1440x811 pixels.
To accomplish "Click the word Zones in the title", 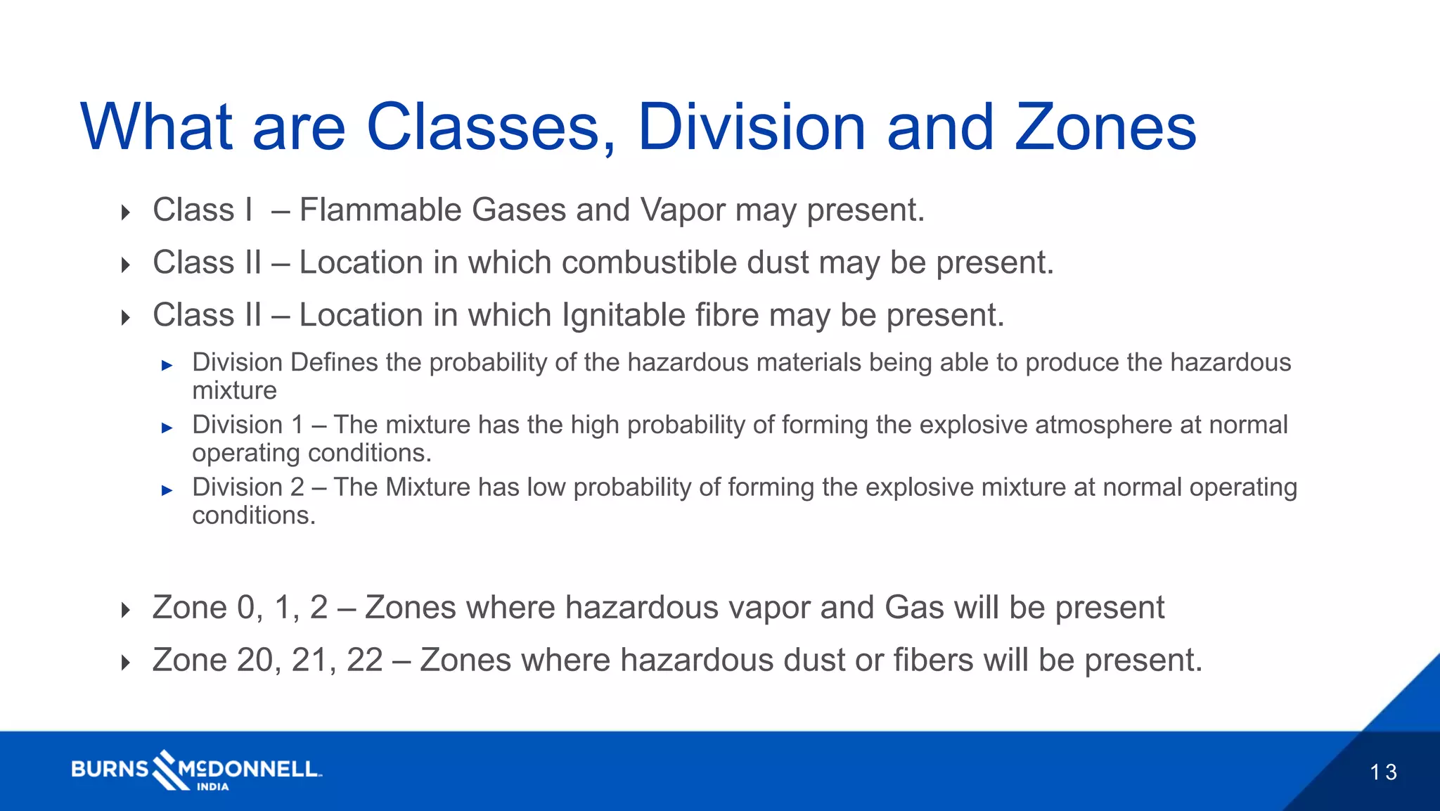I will (1105, 127).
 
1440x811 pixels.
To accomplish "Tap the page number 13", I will (1383, 772).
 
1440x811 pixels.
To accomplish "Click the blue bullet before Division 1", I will (167, 428).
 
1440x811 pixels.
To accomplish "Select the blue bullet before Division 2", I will (167, 490).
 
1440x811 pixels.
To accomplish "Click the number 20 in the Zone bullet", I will (255, 660).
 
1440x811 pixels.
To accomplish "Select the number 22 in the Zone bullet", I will (364, 660).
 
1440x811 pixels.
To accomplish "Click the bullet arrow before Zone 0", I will (126, 610).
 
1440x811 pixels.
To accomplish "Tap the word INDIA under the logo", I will (212, 787).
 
